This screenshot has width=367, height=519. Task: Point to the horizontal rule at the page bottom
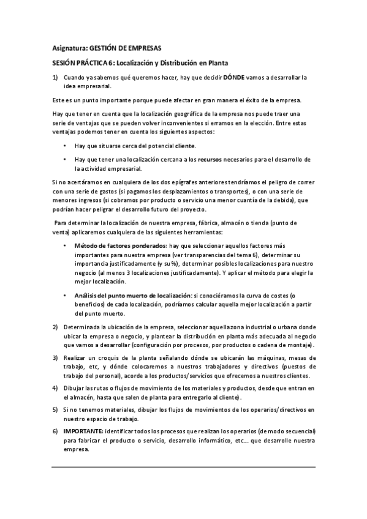(x=183, y=468)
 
